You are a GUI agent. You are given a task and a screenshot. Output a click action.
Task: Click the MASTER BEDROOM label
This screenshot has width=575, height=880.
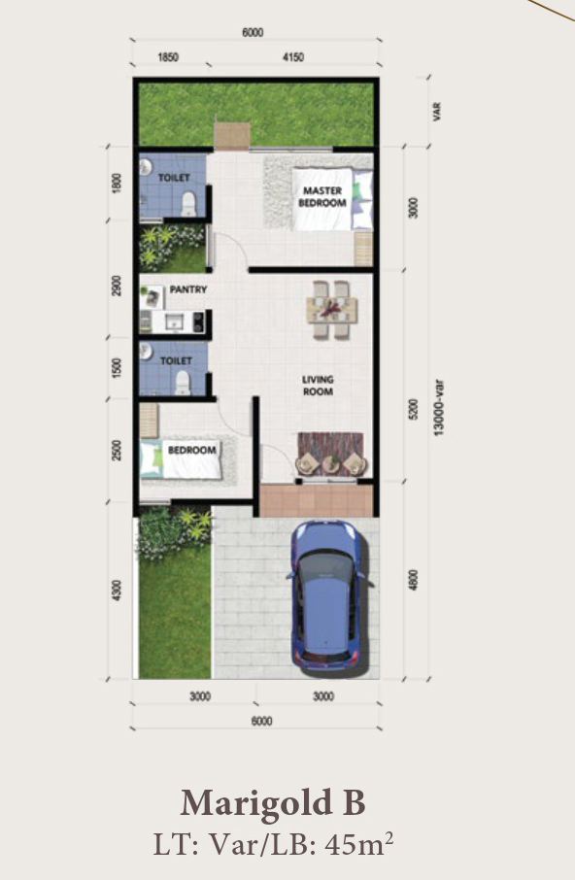coord(322,196)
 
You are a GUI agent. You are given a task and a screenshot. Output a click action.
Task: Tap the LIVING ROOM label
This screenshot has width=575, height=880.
coord(318,386)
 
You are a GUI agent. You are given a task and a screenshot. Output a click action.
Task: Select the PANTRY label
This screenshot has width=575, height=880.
coord(188,289)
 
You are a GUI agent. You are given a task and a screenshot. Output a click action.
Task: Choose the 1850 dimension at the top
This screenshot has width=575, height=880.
coord(168,57)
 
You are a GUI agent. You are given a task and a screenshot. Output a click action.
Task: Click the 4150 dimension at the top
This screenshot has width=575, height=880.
coord(293,57)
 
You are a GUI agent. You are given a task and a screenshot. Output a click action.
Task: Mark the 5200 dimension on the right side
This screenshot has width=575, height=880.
coord(414,409)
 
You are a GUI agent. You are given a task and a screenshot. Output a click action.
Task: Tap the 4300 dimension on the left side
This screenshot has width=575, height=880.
coord(117,591)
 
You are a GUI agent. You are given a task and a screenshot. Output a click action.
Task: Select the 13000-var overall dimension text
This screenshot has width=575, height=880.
coord(439,407)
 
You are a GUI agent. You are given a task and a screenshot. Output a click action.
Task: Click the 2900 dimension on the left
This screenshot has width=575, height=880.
coord(117,286)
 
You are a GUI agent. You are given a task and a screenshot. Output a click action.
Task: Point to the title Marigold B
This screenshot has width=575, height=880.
coord(273,802)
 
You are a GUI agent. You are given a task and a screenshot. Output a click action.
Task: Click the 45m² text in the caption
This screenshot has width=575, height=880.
coord(359,844)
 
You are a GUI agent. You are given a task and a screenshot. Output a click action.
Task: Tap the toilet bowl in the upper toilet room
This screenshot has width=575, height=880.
coord(189,203)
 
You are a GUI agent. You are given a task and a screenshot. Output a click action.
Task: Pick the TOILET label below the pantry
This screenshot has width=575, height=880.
coord(176,361)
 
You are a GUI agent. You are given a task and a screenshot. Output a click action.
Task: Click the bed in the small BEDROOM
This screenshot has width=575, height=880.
coord(180,458)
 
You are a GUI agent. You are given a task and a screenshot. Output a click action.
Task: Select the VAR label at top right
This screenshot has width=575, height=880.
coord(437,111)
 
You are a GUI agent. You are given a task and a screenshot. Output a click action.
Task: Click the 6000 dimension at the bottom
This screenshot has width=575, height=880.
coord(261,721)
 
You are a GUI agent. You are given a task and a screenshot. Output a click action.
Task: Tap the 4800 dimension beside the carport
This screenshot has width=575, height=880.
coord(414,580)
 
